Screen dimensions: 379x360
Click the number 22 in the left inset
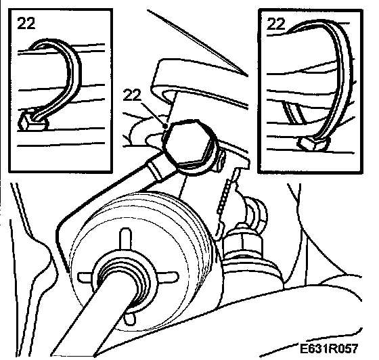(26, 24)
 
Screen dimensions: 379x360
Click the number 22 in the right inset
(276, 24)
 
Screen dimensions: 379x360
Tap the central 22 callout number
(132, 95)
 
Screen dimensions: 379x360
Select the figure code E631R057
(328, 348)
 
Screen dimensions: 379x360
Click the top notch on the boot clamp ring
(125, 238)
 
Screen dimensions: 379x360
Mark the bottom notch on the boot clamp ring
(129, 318)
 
